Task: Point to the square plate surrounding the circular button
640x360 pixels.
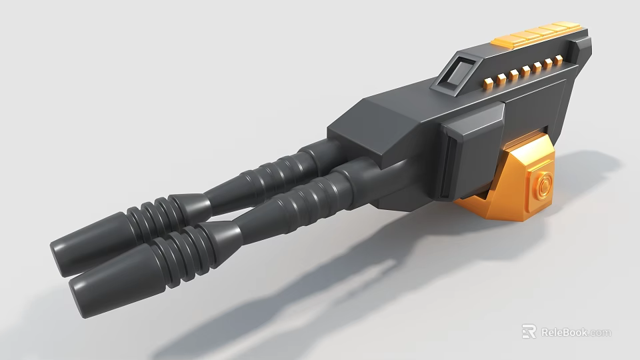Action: (x=540, y=187)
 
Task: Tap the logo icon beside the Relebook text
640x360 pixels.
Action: (x=529, y=331)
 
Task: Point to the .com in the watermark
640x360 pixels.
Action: (x=599, y=332)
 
